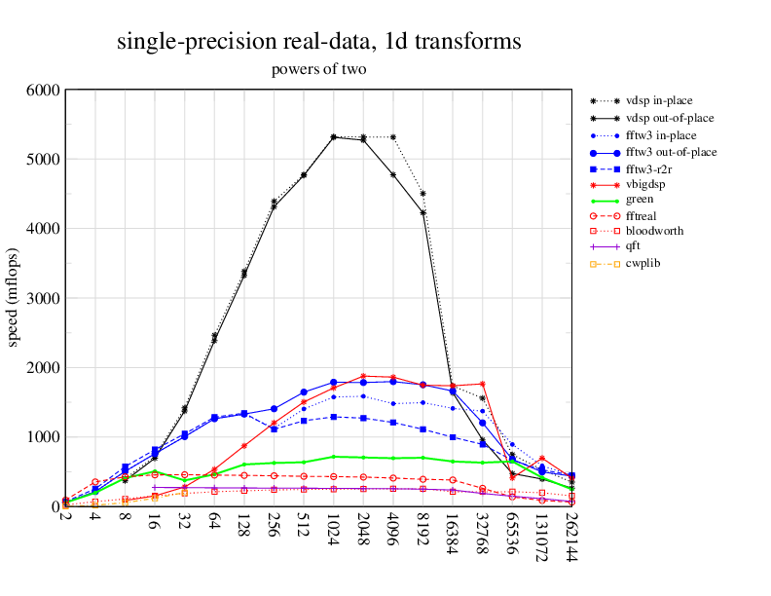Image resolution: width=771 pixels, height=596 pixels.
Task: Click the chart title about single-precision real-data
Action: (x=318, y=42)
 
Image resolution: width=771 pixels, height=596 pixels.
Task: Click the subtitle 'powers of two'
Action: (x=318, y=69)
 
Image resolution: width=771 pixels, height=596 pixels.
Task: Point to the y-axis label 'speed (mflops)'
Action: (x=15, y=297)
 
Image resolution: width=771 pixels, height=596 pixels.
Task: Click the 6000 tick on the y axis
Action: (x=42, y=90)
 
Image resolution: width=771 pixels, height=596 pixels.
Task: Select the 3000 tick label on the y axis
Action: (x=42, y=298)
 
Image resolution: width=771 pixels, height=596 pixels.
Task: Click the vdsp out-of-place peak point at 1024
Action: (x=334, y=137)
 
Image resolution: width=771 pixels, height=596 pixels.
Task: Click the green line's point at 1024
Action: (x=334, y=457)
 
